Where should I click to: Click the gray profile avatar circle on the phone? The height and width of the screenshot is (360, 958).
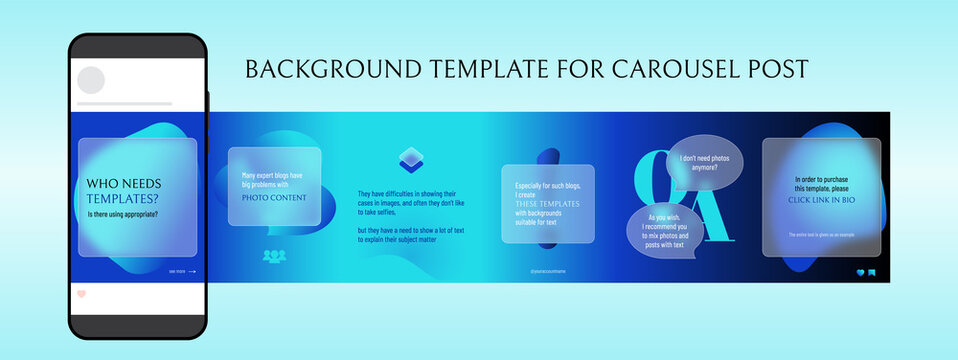[x=91, y=80]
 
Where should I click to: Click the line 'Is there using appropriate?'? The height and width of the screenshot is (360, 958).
[x=123, y=214]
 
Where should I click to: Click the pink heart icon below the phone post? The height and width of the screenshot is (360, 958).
[x=82, y=294]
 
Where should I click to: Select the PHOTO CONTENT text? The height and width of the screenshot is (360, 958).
[x=273, y=196]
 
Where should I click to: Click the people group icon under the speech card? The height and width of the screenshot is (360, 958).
[x=274, y=256]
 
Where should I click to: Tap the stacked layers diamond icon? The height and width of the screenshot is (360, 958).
[x=411, y=158]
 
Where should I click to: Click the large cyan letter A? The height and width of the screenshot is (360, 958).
[x=708, y=215]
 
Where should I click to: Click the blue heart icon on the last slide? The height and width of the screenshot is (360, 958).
[x=859, y=272]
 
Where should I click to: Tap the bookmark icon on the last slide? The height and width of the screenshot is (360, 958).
[x=872, y=272]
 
